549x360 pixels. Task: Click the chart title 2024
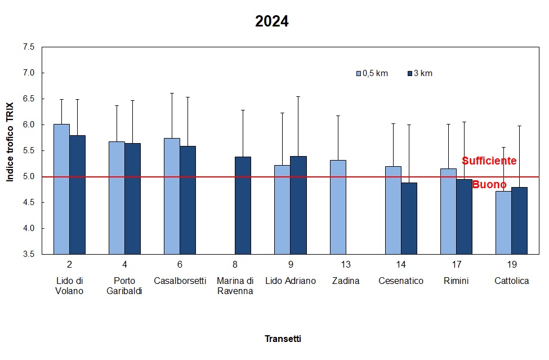click(271, 22)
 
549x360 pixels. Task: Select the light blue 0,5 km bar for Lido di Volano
click(61, 189)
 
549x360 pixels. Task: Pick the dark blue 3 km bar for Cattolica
click(519, 220)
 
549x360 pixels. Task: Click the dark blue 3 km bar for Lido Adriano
click(298, 205)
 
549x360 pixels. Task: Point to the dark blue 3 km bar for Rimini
click(464, 216)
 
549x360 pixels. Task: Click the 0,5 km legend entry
click(372, 73)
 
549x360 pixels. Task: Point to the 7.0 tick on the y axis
click(28, 73)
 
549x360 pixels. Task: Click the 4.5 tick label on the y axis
click(28, 202)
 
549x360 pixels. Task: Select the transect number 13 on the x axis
click(346, 264)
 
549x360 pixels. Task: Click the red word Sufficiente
click(489, 161)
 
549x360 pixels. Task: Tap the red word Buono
click(489, 184)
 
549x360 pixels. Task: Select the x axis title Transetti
click(283, 339)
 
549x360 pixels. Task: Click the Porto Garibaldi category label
click(124, 286)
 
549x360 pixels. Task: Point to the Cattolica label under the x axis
click(511, 281)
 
